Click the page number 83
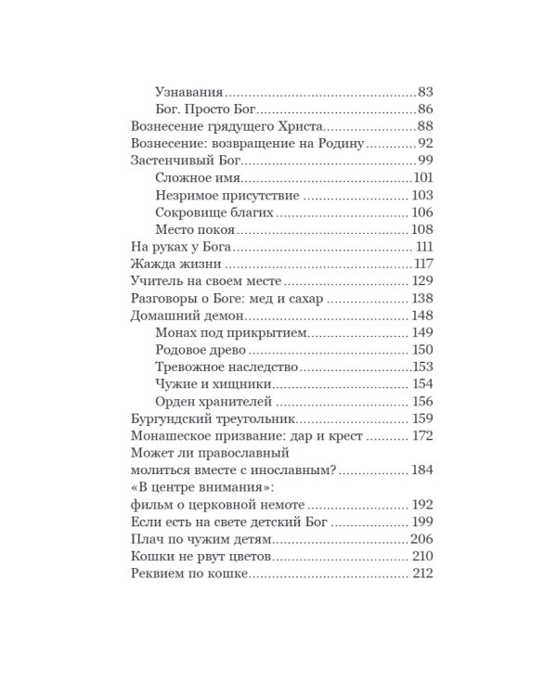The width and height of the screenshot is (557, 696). (x=426, y=94)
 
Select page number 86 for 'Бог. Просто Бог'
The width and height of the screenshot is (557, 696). (x=426, y=110)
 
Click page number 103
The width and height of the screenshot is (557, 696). (x=422, y=196)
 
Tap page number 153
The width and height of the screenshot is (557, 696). (x=423, y=367)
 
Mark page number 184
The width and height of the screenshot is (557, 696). (x=422, y=470)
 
